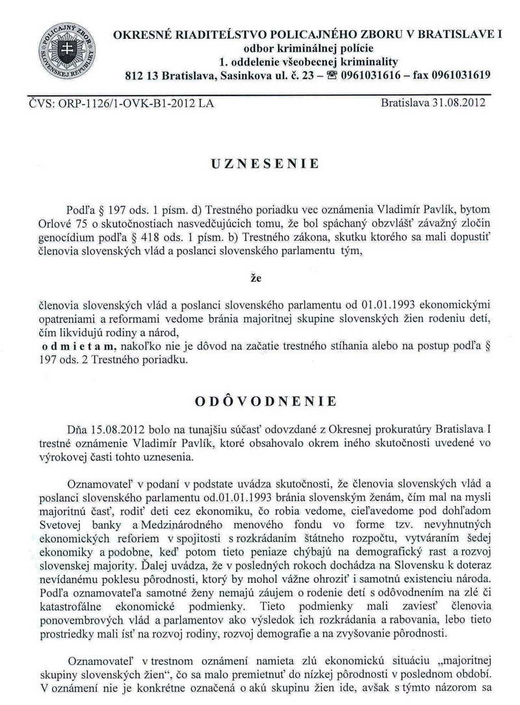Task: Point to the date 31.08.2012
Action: pos(459,102)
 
